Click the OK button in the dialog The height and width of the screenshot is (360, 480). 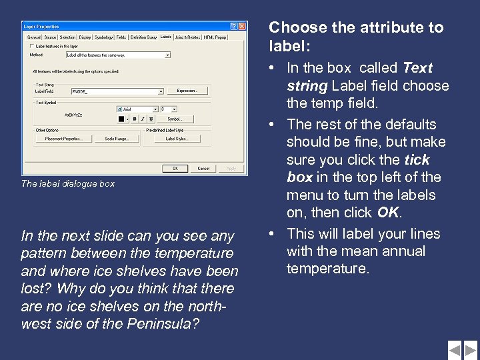tap(175, 169)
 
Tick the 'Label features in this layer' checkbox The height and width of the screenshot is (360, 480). tap(28, 46)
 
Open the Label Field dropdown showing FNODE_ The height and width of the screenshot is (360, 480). tap(161, 91)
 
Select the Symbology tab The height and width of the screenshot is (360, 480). tap(103, 37)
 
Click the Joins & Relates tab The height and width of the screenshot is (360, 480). tap(188, 37)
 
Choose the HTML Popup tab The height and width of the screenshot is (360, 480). tap(215, 37)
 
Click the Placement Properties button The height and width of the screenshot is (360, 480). tap(63, 139)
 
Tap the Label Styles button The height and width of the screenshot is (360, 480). tap(177, 139)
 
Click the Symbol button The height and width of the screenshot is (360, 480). tap(175, 119)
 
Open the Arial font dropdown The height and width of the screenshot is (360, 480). tap(155, 109)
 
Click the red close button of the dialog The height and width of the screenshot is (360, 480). tap(243, 26)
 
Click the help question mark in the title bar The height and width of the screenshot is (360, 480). tap(234, 26)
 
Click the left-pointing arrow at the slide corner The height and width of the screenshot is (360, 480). tap(455, 349)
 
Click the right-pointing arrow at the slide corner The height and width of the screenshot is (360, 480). tap(471, 349)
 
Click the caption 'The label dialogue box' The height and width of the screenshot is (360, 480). tap(68, 183)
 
